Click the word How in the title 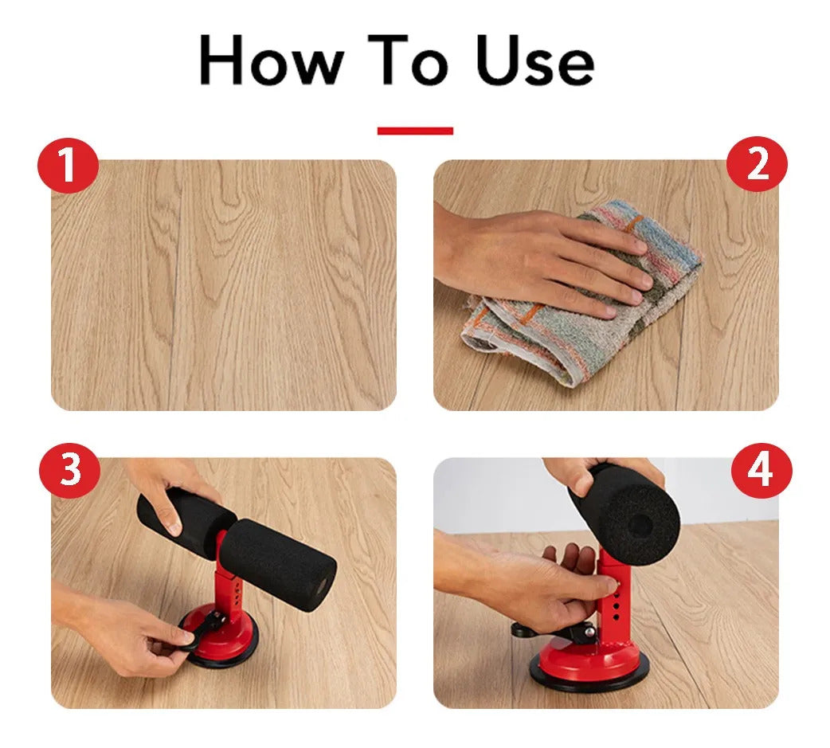(x=271, y=59)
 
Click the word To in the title (x=409, y=59)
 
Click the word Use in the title (x=535, y=59)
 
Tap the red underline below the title (x=415, y=131)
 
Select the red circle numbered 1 (x=68, y=165)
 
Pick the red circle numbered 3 (x=70, y=469)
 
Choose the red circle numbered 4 (x=761, y=471)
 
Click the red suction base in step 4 (x=589, y=664)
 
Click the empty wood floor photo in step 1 (x=223, y=285)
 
